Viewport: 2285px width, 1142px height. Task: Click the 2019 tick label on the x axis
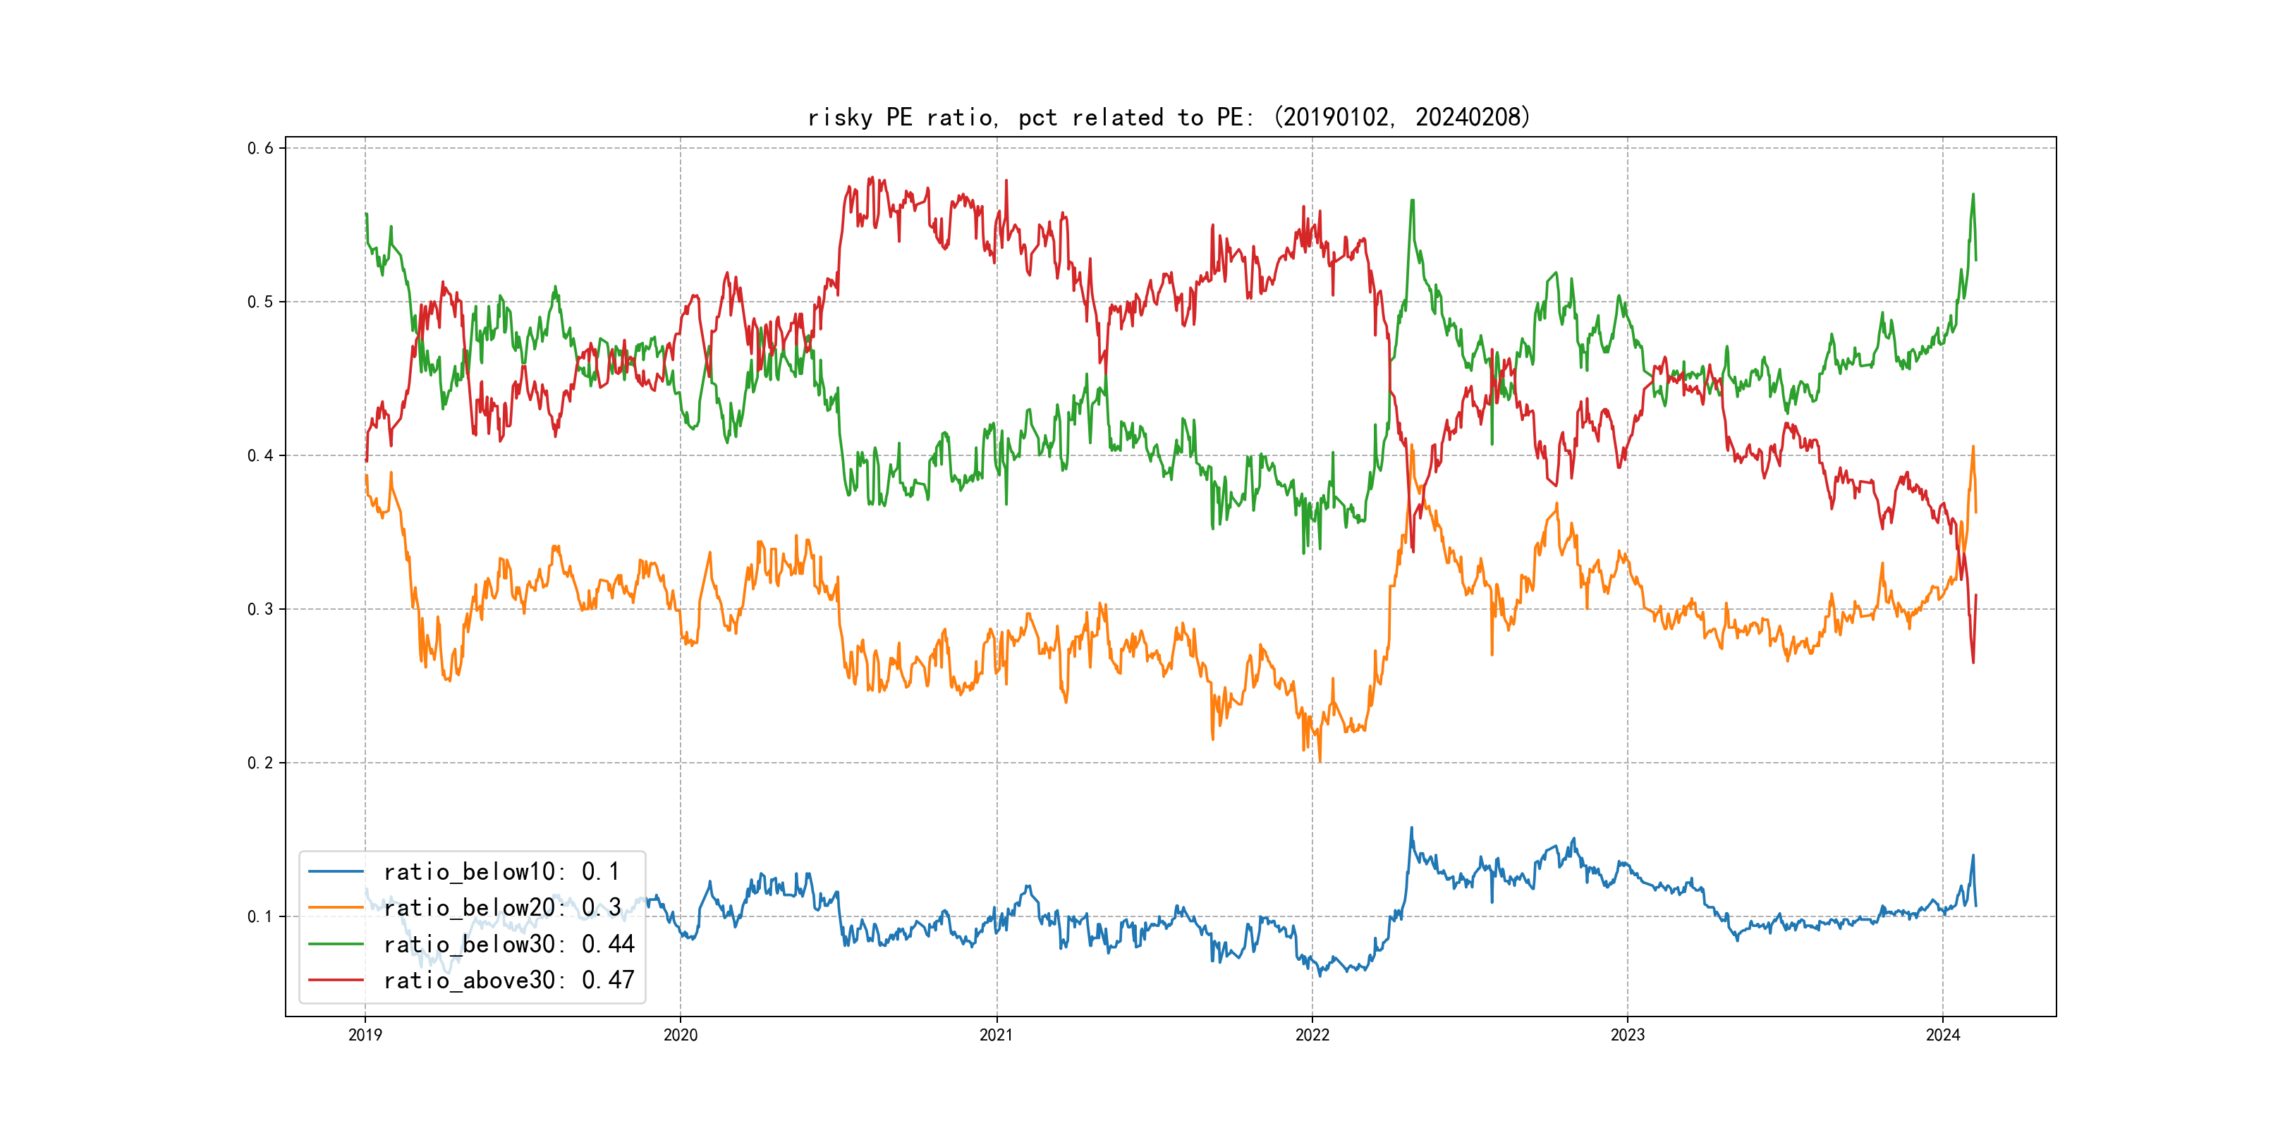(365, 1035)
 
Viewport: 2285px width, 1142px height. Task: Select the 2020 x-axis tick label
(681, 1035)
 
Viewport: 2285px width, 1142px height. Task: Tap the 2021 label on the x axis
(996, 1035)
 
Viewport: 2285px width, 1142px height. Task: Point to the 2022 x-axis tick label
(1312, 1035)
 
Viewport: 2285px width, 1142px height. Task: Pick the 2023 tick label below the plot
(1627, 1035)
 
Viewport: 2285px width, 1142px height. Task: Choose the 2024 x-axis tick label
(1943, 1035)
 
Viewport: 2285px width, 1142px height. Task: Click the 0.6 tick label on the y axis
(260, 148)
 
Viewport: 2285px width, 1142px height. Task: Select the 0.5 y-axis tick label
(260, 302)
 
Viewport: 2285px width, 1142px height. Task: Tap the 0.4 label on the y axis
(260, 455)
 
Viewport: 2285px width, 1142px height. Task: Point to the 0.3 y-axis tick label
(260, 609)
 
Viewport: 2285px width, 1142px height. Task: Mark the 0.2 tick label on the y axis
(260, 763)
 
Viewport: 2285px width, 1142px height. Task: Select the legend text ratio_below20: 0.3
(501, 908)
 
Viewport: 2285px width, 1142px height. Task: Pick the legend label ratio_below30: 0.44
(508, 945)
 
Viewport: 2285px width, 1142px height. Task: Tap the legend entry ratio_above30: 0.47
(508, 981)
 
